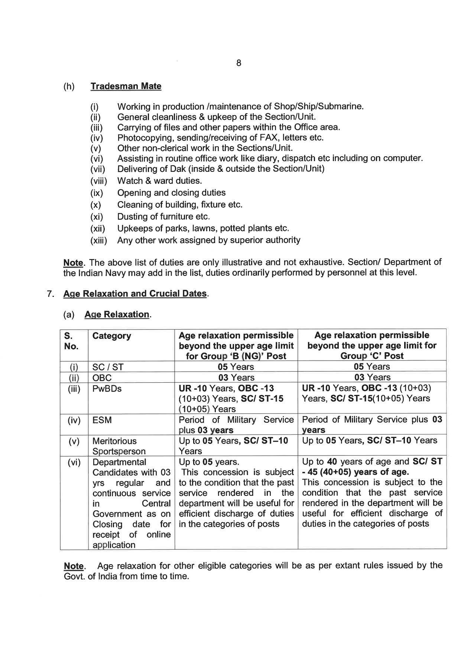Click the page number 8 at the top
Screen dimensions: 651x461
pos(238,63)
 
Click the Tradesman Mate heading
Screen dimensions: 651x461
pos(126,86)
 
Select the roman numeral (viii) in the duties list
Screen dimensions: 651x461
pos(98,181)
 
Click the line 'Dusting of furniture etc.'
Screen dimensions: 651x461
pos(163,216)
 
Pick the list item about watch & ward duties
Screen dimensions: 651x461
pos(159,181)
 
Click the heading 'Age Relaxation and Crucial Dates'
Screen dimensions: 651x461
pos(135,294)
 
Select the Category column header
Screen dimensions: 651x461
pos(111,336)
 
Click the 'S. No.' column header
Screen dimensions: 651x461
pos(71,341)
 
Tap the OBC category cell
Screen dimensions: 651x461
pos(102,378)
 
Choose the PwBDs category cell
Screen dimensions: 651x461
pos(107,389)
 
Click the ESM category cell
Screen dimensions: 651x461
pos(102,420)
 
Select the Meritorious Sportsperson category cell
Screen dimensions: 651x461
pos(119,446)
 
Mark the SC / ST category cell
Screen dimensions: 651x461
pos(108,367)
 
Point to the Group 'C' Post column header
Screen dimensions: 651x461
pos(372,346)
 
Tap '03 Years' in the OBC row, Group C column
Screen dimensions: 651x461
pos(372,377)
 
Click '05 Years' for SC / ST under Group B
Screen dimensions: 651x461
pos(236,367)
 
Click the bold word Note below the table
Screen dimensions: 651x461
pos(74,566)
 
